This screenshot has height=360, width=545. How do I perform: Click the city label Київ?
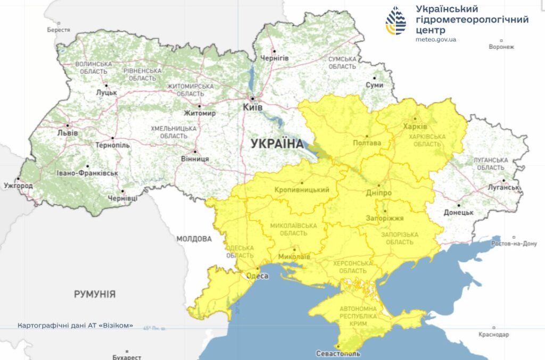253,107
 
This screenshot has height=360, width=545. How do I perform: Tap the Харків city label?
415,127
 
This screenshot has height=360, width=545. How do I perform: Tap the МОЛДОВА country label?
194,239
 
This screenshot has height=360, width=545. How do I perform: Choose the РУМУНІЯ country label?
95,294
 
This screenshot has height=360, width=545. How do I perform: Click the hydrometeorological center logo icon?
395,21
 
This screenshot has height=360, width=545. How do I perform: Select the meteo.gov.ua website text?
436,39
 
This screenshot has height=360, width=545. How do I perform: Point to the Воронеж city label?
501,47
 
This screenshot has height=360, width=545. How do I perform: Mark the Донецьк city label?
458,212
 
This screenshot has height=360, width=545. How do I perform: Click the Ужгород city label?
18,186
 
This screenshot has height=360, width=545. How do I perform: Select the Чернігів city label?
274,57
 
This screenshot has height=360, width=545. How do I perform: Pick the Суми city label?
374,85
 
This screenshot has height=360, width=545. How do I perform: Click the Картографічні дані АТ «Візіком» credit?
75,325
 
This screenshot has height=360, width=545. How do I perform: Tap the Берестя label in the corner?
59,30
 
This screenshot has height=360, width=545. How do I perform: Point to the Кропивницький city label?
302,190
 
